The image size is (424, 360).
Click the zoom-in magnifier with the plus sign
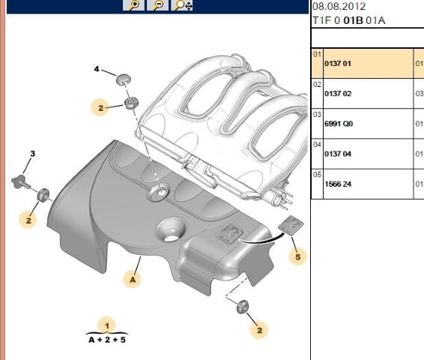(x=134, y=5)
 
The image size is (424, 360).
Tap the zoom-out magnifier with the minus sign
(x=158, y=5)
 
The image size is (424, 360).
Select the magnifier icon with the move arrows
(x=184, y=5)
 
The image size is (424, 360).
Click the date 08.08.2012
(x=339, y=6)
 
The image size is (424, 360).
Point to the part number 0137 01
(x=337, y=64)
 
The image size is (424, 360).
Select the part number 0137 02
(x=337, y=94)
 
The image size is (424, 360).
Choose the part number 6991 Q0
(x=337, y=124)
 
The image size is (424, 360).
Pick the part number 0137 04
(x=337, y=154)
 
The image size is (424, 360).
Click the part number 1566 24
(x=337, y=184)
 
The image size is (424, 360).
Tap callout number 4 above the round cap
(x=96, y=69)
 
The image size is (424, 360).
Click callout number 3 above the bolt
(x=32, y=154)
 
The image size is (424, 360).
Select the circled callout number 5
(x=297, y=257)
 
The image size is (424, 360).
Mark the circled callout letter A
(x=133, y=279)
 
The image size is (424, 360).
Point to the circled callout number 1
(x=107, y=325)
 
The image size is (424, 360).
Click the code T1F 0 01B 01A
(x=348, y=21)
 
